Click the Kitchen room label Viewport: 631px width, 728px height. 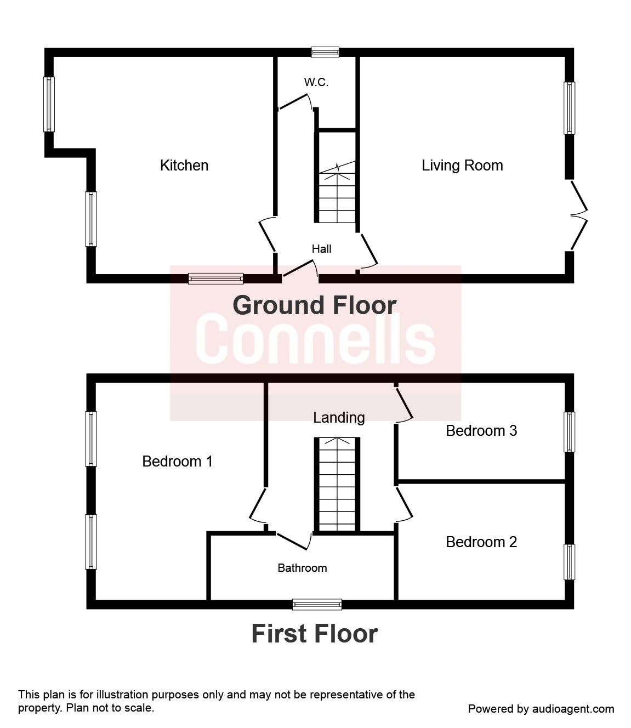(184, 165)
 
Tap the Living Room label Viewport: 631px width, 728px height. (462, 166)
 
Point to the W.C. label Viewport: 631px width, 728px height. (316, 82)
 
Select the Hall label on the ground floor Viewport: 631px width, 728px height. (321, 249)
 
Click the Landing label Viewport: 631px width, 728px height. (339, 418)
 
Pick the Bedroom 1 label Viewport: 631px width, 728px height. (177, 462)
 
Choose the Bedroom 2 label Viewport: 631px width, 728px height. (481, 542)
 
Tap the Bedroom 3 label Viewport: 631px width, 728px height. (481, 431)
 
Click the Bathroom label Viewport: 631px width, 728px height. (302, 568)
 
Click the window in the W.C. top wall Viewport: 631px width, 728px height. (325, 52)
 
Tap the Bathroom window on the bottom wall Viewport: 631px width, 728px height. (317, 604)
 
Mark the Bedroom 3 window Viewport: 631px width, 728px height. (570, 432)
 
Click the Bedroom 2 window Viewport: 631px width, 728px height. (570, 562)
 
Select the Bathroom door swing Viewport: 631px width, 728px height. (293, 542)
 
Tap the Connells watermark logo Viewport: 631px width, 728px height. (315, 339)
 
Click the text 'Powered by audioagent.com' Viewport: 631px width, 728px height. (541, 709)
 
